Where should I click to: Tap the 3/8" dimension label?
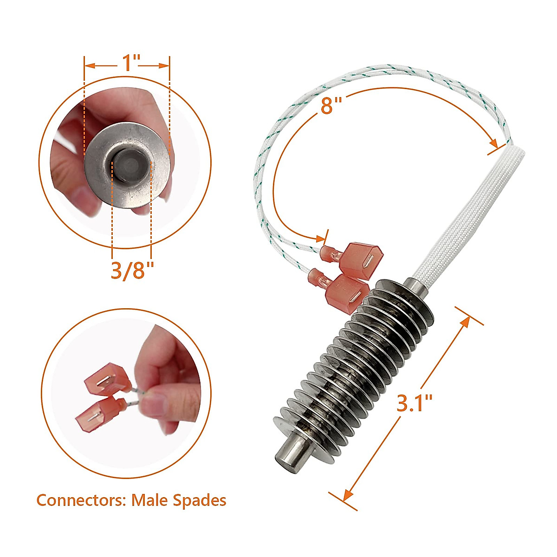pyautogui.click(x=132, y=270)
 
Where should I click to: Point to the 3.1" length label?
pyautogui.click(x=415, y=402)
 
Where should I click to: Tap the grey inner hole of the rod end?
pyautogui.click(x=132, y=164)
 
